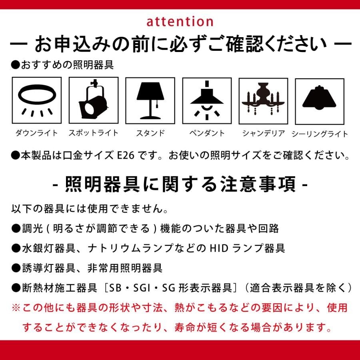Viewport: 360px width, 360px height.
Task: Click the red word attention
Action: tap(180, 22)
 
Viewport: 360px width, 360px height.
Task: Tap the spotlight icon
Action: tap(93, 99)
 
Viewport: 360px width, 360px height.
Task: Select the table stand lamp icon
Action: tap(150, 100)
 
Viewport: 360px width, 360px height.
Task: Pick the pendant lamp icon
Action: tap(207, 100)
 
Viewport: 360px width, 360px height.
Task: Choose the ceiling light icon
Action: tap(319, 98)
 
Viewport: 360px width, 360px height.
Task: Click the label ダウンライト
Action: tap(36, 133)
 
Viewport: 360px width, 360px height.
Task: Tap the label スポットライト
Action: tap(94, 133)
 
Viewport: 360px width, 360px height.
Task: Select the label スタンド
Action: tap(151, 133)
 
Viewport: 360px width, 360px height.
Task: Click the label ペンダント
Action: tap(207, 133)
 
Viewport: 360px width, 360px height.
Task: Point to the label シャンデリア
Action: tap(264, 133)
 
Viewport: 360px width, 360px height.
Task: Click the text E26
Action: tap(126, 156)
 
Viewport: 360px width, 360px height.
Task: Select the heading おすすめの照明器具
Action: tap(62, 65)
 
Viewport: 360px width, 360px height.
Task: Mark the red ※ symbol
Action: tap(16, 308)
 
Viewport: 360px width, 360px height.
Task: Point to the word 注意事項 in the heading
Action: tap(258, 184)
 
